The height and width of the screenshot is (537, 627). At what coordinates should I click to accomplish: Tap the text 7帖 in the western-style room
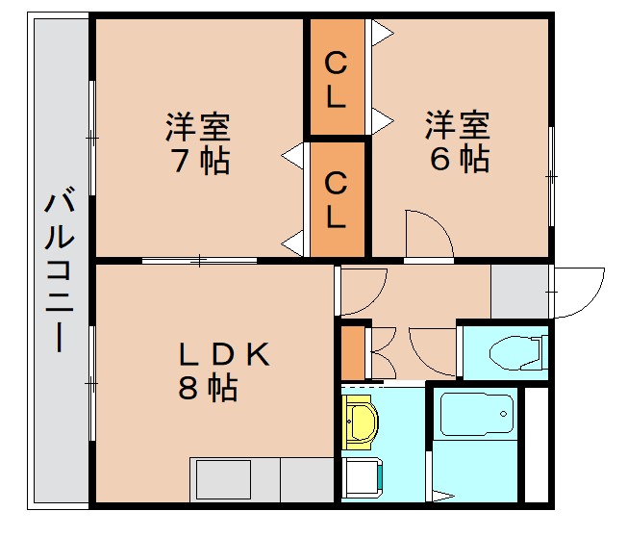[x=200, y=160]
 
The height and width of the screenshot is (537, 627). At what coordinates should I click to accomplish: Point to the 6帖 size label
[x=459, y=158]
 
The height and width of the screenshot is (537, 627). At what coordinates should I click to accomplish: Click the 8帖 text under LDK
[x=208, y=389]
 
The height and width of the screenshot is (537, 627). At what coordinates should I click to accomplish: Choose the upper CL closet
[x=336, y=80]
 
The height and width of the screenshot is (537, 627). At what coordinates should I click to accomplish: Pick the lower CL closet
[x=336, y=199]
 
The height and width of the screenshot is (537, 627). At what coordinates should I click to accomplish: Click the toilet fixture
[x=516, y=353]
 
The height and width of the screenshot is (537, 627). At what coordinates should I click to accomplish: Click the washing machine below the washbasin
[x=363, y=477]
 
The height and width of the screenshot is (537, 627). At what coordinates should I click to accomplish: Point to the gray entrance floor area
[x=519, y=289]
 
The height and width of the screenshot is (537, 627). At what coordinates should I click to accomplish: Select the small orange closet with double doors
[x=354, y=353]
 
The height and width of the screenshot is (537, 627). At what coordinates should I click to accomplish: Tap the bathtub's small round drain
[x=502, y=416]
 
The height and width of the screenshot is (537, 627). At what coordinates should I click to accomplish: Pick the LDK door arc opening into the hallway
[x=362, y=289]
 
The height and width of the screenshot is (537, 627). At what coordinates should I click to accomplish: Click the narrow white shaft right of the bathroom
[x=537, y=443]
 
